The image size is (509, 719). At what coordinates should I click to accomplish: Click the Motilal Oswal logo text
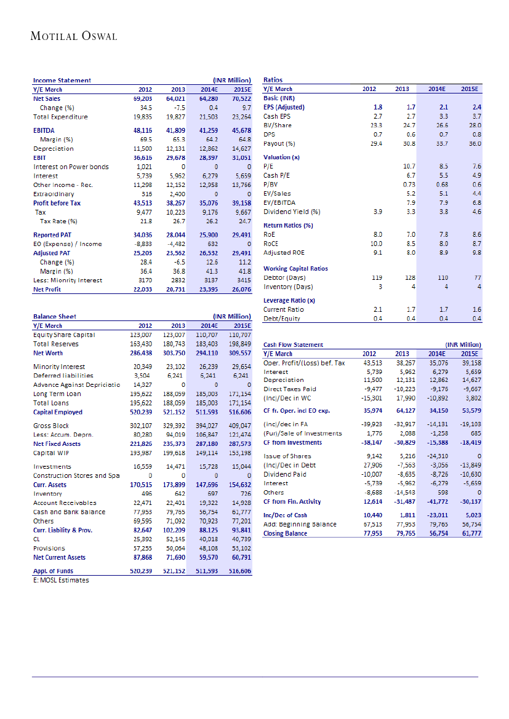coord(74,36)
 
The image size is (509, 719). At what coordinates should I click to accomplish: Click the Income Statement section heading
coord(62,80)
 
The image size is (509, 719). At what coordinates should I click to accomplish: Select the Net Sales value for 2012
coord(142,98)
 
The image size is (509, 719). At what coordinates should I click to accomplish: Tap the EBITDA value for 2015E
coord(241,130)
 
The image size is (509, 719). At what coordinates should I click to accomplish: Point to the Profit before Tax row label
coord(57,203)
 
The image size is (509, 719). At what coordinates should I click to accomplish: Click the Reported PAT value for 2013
coord(175,235)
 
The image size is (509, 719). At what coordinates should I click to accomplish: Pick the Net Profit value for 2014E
coord(208,289)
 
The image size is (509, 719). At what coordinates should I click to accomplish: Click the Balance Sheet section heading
coord(54,317)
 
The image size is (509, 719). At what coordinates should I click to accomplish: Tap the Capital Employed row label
coord(59,412)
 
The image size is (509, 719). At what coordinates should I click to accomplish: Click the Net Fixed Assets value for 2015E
coord(241,443)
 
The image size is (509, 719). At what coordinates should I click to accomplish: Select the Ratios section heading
coord(273,80)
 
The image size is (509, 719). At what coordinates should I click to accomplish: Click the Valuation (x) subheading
coord(281,157)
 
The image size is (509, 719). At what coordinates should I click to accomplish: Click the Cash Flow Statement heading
coord(293,346)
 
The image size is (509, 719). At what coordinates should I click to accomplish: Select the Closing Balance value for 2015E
coord(470,533)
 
